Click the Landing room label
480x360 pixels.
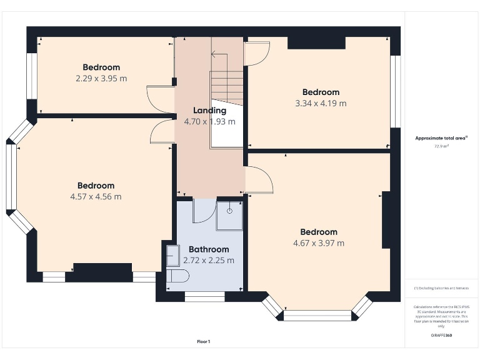click(209, 111)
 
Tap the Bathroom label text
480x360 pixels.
click(209, 249)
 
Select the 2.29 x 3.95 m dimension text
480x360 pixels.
click(101, 79)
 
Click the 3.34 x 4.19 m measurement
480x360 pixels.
click(321, 103)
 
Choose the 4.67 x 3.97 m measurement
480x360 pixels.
click(319, 243)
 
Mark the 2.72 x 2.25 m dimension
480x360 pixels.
click(209, 261)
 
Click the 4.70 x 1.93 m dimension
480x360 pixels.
click(209, 122)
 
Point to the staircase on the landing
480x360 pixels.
click(226, 87)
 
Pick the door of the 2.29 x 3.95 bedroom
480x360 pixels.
click(160, 99)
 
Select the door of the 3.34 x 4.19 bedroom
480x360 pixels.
click(257, 54)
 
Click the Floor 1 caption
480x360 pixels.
click(204, 341)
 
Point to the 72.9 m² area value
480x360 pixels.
click(442, 146)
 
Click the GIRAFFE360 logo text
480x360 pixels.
click(441, 336)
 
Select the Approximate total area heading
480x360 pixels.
click(441, 137)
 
